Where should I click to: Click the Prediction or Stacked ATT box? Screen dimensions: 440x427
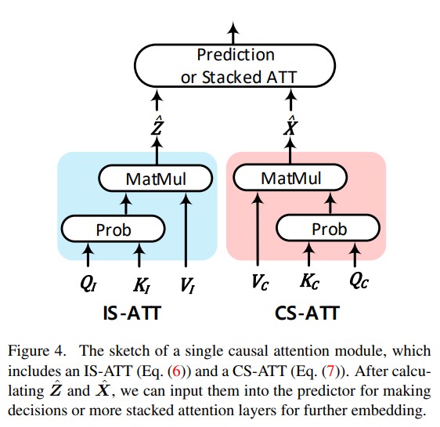[235, 65]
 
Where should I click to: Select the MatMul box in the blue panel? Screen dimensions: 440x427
[156, 179]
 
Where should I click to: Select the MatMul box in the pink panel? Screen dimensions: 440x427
[290, 177]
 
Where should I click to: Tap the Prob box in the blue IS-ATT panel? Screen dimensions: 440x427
[113, 229]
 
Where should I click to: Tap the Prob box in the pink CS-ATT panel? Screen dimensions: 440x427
[328, 228]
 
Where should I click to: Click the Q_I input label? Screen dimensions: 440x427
[88, 284]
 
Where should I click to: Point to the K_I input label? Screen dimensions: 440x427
[141, 285]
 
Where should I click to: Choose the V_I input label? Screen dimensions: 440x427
[187, 285]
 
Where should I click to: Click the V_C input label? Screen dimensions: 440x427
[260, 282]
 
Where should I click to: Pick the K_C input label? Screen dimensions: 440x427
[309, 281]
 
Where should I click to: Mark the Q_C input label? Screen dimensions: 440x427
[359, 281]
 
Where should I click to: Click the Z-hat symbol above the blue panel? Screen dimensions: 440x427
[157, 125]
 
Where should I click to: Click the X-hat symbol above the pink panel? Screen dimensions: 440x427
[290, 125]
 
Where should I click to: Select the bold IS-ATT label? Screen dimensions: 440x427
[132, 313]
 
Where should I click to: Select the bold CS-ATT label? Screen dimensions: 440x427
[307, 313]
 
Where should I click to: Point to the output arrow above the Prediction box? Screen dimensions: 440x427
[233, 33]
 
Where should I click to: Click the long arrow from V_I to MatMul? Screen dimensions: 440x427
[186, 230]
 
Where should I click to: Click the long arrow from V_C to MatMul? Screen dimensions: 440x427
[258, 229]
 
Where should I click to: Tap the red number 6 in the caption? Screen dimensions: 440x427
[176, 371]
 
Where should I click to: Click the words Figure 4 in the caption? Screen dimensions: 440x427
[37, 351]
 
